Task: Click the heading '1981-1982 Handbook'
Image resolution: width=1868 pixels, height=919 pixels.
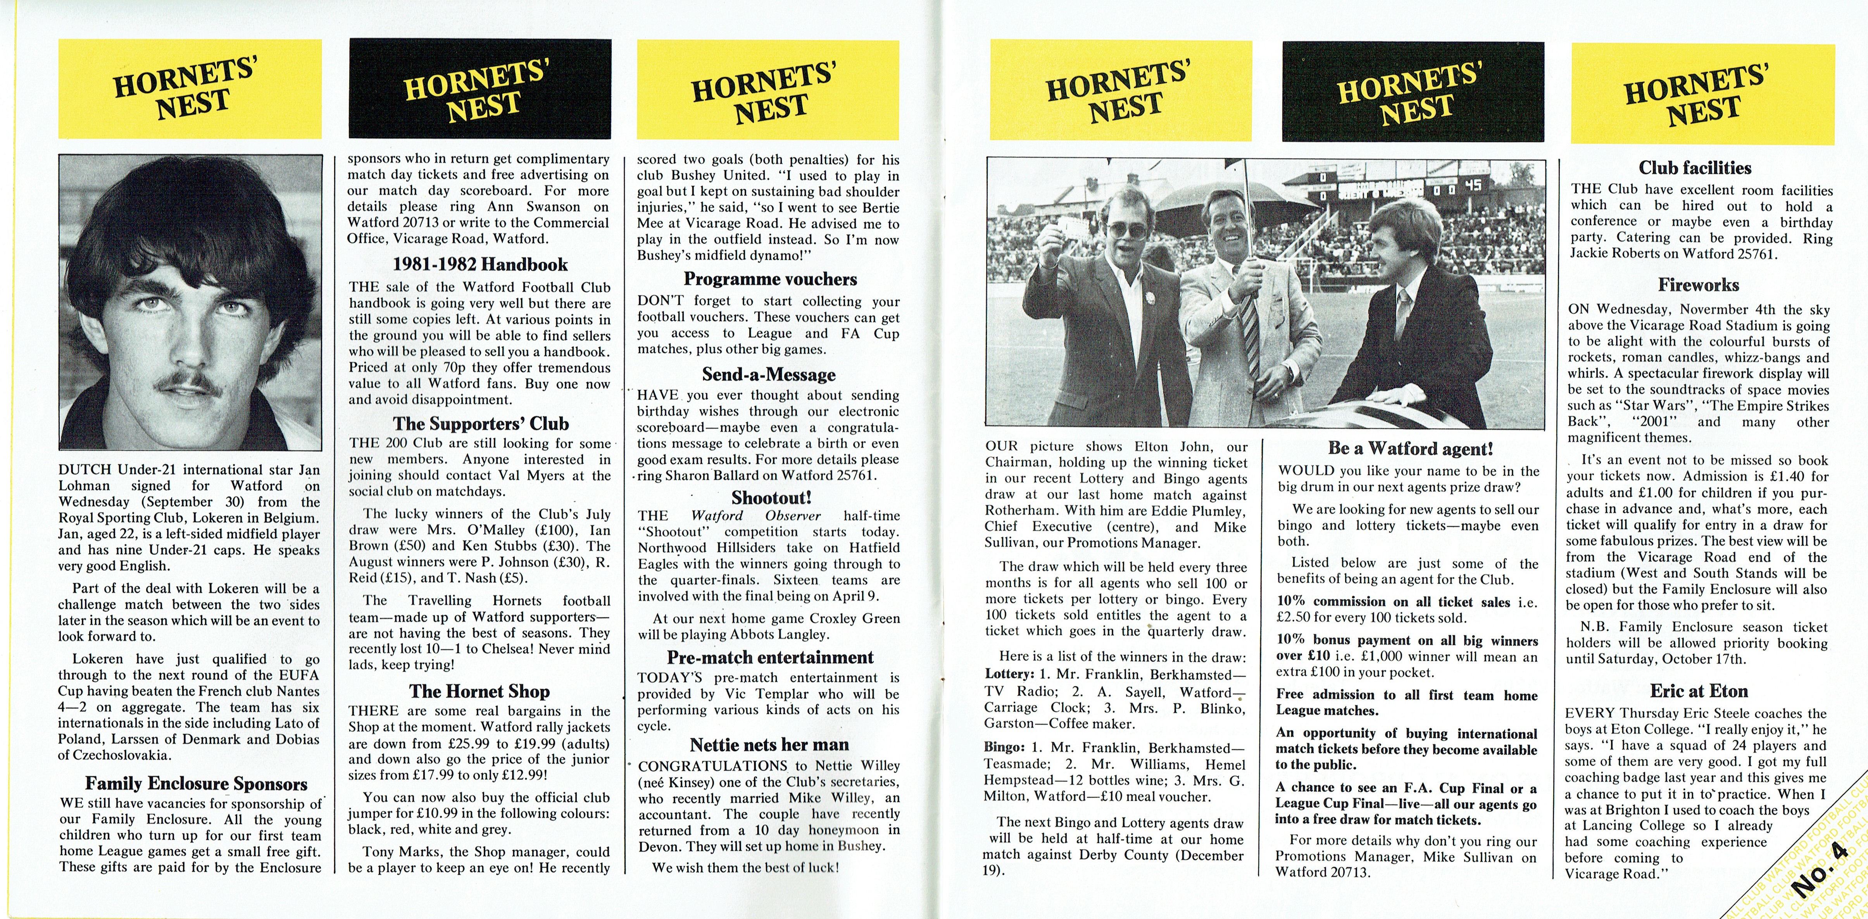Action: point(480,265)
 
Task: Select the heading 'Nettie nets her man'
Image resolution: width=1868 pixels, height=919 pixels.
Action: point(769,745)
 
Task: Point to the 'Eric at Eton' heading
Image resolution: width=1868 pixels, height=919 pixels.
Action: point(1698,691)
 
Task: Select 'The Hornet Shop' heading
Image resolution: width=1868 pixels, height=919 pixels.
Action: point(480,691)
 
